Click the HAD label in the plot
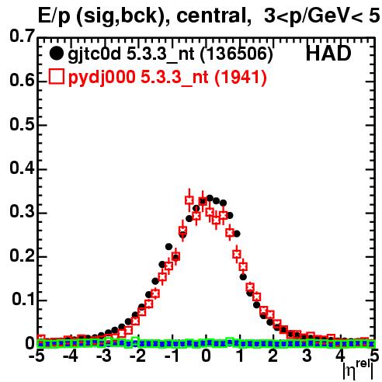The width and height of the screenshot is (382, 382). (x=328, y=54)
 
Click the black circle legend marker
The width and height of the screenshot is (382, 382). (x=56, y=54)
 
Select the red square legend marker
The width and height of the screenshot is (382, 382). (x=56, y=76)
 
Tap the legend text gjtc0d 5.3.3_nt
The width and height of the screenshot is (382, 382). (x=131, y=54)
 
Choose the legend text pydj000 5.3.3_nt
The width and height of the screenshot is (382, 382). (x=138, y=78)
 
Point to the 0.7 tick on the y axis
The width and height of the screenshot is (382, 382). (x=22, y=36)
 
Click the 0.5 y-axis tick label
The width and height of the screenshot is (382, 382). (x=22, y=124)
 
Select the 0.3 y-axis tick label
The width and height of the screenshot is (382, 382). (x=22, y=211)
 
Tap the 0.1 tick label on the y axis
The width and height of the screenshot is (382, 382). (x=23, y=299)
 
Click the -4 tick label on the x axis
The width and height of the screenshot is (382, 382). (x=70, y=356)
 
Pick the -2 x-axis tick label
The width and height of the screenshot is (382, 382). (x=138, y=356)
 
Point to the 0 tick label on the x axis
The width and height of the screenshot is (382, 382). (x=206, y=356)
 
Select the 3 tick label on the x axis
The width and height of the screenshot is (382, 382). (x=307, y=356)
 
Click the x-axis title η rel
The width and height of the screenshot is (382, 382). (x=358, y=370)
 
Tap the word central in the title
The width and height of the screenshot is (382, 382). (x=210, y=16)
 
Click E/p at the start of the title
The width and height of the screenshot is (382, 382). (x=54, y=16)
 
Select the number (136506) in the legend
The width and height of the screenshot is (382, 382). (x=237, y=54)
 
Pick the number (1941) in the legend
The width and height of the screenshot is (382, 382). (x=241, y=77)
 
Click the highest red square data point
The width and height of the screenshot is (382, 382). (x=189, y=200)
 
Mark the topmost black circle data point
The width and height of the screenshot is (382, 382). (x=210, y=199)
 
